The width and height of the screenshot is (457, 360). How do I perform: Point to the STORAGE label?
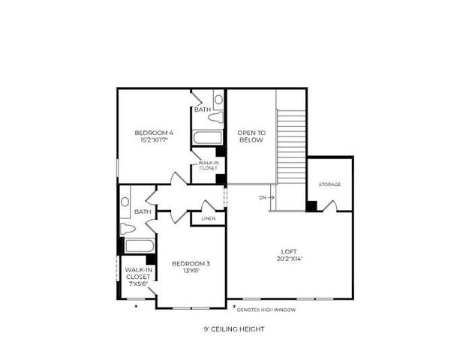coord(329,184)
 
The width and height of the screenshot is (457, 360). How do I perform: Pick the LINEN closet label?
coord(209,218)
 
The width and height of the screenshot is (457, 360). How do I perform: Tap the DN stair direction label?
coord(263,198)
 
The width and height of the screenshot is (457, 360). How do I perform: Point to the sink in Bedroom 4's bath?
coord(218,98)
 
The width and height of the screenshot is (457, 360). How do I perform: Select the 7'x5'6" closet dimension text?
coord(137,284)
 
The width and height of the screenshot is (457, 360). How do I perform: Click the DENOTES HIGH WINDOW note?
coord(267,309)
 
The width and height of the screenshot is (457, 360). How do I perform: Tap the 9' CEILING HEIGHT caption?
coord(233,328)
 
